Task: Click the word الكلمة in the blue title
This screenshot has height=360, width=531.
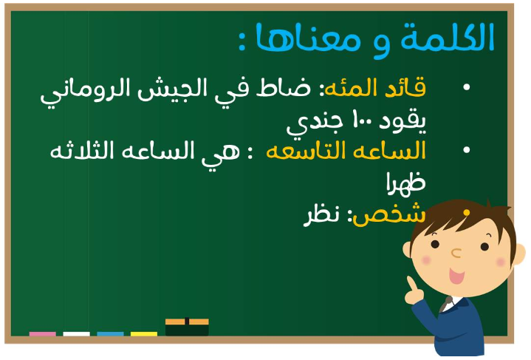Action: [x=448, y=37]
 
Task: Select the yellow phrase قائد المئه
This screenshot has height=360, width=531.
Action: [x=375, y=87]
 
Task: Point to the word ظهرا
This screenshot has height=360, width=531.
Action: [x=406, y=183]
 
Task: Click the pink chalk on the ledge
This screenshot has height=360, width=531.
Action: [x=43, y=334]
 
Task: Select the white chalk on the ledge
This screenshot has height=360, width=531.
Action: [x=77, y=334]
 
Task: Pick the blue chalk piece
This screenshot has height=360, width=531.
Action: [x=110, y=334]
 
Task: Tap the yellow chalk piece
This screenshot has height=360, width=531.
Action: [x=144, y=334]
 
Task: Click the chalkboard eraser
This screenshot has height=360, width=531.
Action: [x=187, y=327]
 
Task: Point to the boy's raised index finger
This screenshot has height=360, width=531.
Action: [x=411, y=283]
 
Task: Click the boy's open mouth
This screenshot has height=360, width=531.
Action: [x=456, y=276]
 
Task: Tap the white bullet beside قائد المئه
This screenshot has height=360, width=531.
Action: [x=466, y=87]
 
